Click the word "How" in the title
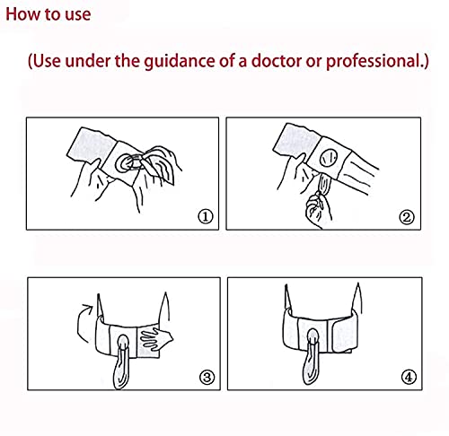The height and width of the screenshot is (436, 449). tap(22, 14)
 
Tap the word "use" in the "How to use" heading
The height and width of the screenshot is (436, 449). tap(78, 15)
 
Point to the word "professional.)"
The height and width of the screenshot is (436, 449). tap(377, 62)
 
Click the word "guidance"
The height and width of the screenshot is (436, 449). tap(180, 62)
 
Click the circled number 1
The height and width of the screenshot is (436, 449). tap(206, 216)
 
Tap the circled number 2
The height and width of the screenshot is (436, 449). tap(407, 217)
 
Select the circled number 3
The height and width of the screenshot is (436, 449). tap(207, 377)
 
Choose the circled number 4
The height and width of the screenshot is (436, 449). tap(409, 377)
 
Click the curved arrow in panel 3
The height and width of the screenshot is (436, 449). tap(79, 323)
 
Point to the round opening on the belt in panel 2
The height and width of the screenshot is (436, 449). tap(329, 157)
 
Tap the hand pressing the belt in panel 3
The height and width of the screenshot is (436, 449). tap(156, 339)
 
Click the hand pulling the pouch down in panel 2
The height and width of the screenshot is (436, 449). tap(318, 209)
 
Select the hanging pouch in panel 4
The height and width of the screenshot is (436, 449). tap(312, 356)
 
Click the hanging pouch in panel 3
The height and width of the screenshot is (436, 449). tap(122, 362)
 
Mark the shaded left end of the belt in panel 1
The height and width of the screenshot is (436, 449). tap(92, 145)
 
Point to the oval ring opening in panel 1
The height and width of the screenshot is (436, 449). tap(128, 163)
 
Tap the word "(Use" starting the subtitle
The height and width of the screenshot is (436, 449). tap(44, 61)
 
